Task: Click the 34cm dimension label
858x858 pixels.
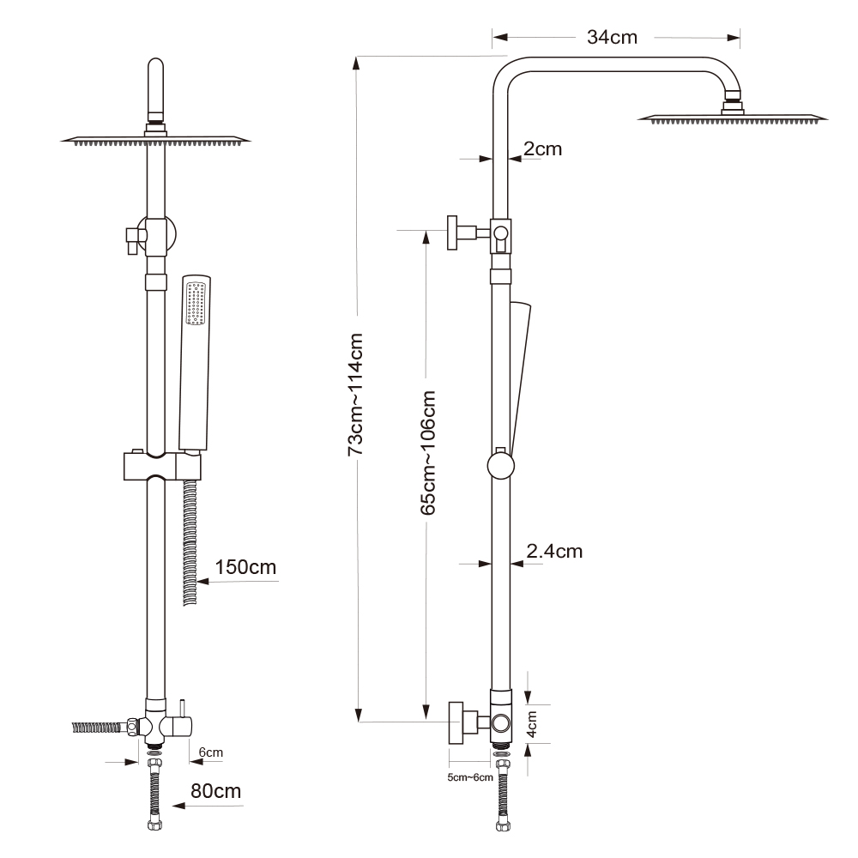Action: (612, 37)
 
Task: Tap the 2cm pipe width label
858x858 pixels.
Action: (542, 148)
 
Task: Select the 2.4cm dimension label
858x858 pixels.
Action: (554, 551)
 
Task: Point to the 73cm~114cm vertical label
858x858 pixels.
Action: (356, 394)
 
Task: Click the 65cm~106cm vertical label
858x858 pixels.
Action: (428, 452)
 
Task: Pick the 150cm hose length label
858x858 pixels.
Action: (245, 567)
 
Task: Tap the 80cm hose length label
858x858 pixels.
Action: (215, 791)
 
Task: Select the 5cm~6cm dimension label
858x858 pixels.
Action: (470, 777)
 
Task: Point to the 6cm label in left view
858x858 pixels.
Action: (211, 752)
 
